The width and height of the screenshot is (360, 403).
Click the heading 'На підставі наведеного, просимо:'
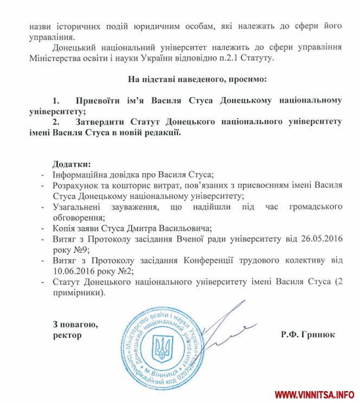click(x=197, y=79)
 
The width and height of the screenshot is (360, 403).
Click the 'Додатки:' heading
click(x=72, y=164)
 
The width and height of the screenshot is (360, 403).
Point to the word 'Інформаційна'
click(x=80, y=174)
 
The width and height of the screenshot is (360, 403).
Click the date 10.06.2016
click(x=73, y=271)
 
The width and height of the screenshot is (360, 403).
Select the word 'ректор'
click(x=67, y=335)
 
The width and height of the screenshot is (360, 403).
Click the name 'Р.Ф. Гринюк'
click(x=308, y=335)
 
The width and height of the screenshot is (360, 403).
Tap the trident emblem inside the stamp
click(x=162, y=348)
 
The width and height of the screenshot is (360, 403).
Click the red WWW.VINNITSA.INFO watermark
click(x=314, y=394)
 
